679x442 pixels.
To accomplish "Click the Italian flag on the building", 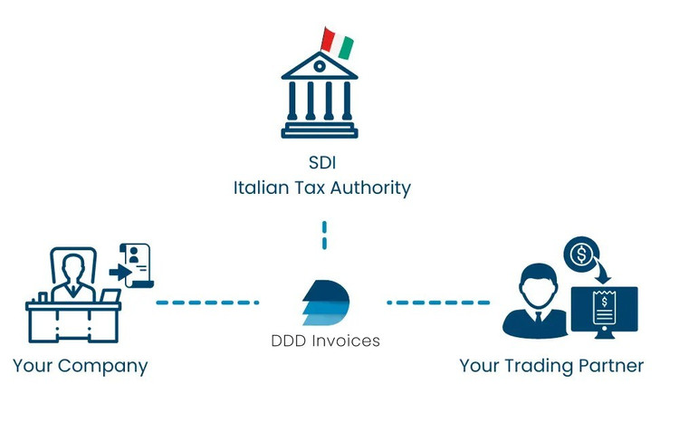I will click(x=338, y=41).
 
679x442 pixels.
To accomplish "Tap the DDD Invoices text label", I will click(x=326, y=341).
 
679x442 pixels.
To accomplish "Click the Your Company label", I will click(x=81, y=366).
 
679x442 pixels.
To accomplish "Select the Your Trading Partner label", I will click(x=551, y=366).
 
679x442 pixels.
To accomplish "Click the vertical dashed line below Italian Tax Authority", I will click(x=323, y=232).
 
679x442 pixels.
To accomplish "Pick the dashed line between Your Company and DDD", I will click(x=207, y=302).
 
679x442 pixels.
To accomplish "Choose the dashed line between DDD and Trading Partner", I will click(x=438, y=302).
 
